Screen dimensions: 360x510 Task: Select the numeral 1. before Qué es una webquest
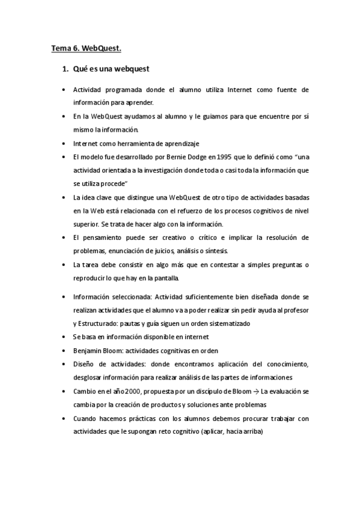(x=66, y=69)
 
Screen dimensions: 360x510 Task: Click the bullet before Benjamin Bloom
(x=64, y=351)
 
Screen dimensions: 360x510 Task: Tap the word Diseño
(x=84, y=364)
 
